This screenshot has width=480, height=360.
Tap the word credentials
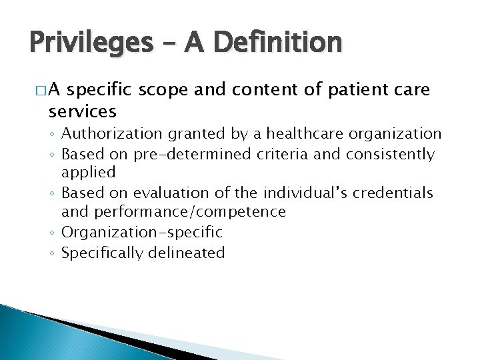(x=395, y=193)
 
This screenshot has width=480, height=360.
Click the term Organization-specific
(x=141, y=232)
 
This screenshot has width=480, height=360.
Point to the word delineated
(x=188, y=252)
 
